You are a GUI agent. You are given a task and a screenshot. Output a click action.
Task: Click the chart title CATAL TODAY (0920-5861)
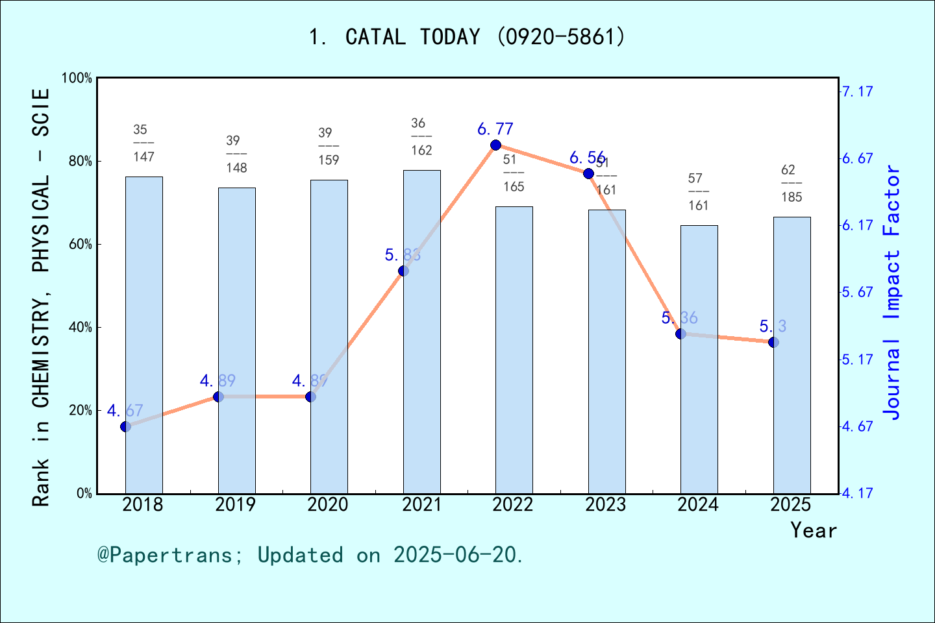tap(467, 37)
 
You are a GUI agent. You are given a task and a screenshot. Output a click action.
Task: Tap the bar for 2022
tap(514, 350)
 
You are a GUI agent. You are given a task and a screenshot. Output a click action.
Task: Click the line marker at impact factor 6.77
tap(495, 145)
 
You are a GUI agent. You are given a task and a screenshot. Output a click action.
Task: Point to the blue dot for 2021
tap(403, 271)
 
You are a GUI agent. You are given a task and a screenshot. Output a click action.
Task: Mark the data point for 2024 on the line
tap(680, 334)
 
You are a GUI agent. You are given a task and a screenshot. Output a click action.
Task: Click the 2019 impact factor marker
tap(218, 397)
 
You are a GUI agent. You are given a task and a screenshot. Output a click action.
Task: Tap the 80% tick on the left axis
tap(81, 161)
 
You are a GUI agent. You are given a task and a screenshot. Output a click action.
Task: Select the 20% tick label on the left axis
tap(81, 410)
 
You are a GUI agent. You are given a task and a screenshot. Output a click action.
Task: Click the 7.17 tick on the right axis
tap(857, 92)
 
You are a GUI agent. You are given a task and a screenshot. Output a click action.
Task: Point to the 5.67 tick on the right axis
tap(857, 292)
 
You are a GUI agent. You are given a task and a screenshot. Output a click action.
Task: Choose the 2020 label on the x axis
tap(328, 505)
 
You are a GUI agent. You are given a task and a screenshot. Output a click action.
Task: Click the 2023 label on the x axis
tap(606, 505)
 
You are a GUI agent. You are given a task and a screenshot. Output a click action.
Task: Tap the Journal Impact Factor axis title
tap(892, 292)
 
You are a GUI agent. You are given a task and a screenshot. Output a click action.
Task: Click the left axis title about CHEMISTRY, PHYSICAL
tap(41, 297)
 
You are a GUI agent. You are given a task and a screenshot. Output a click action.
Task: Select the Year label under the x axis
tap(813, 531)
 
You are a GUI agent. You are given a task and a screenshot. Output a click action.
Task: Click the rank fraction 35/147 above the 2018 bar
tap(143, 143)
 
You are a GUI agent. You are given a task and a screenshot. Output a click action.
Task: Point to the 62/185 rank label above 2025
tap(792, 184)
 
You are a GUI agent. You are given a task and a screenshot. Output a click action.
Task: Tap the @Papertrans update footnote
tap(310, 555)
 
